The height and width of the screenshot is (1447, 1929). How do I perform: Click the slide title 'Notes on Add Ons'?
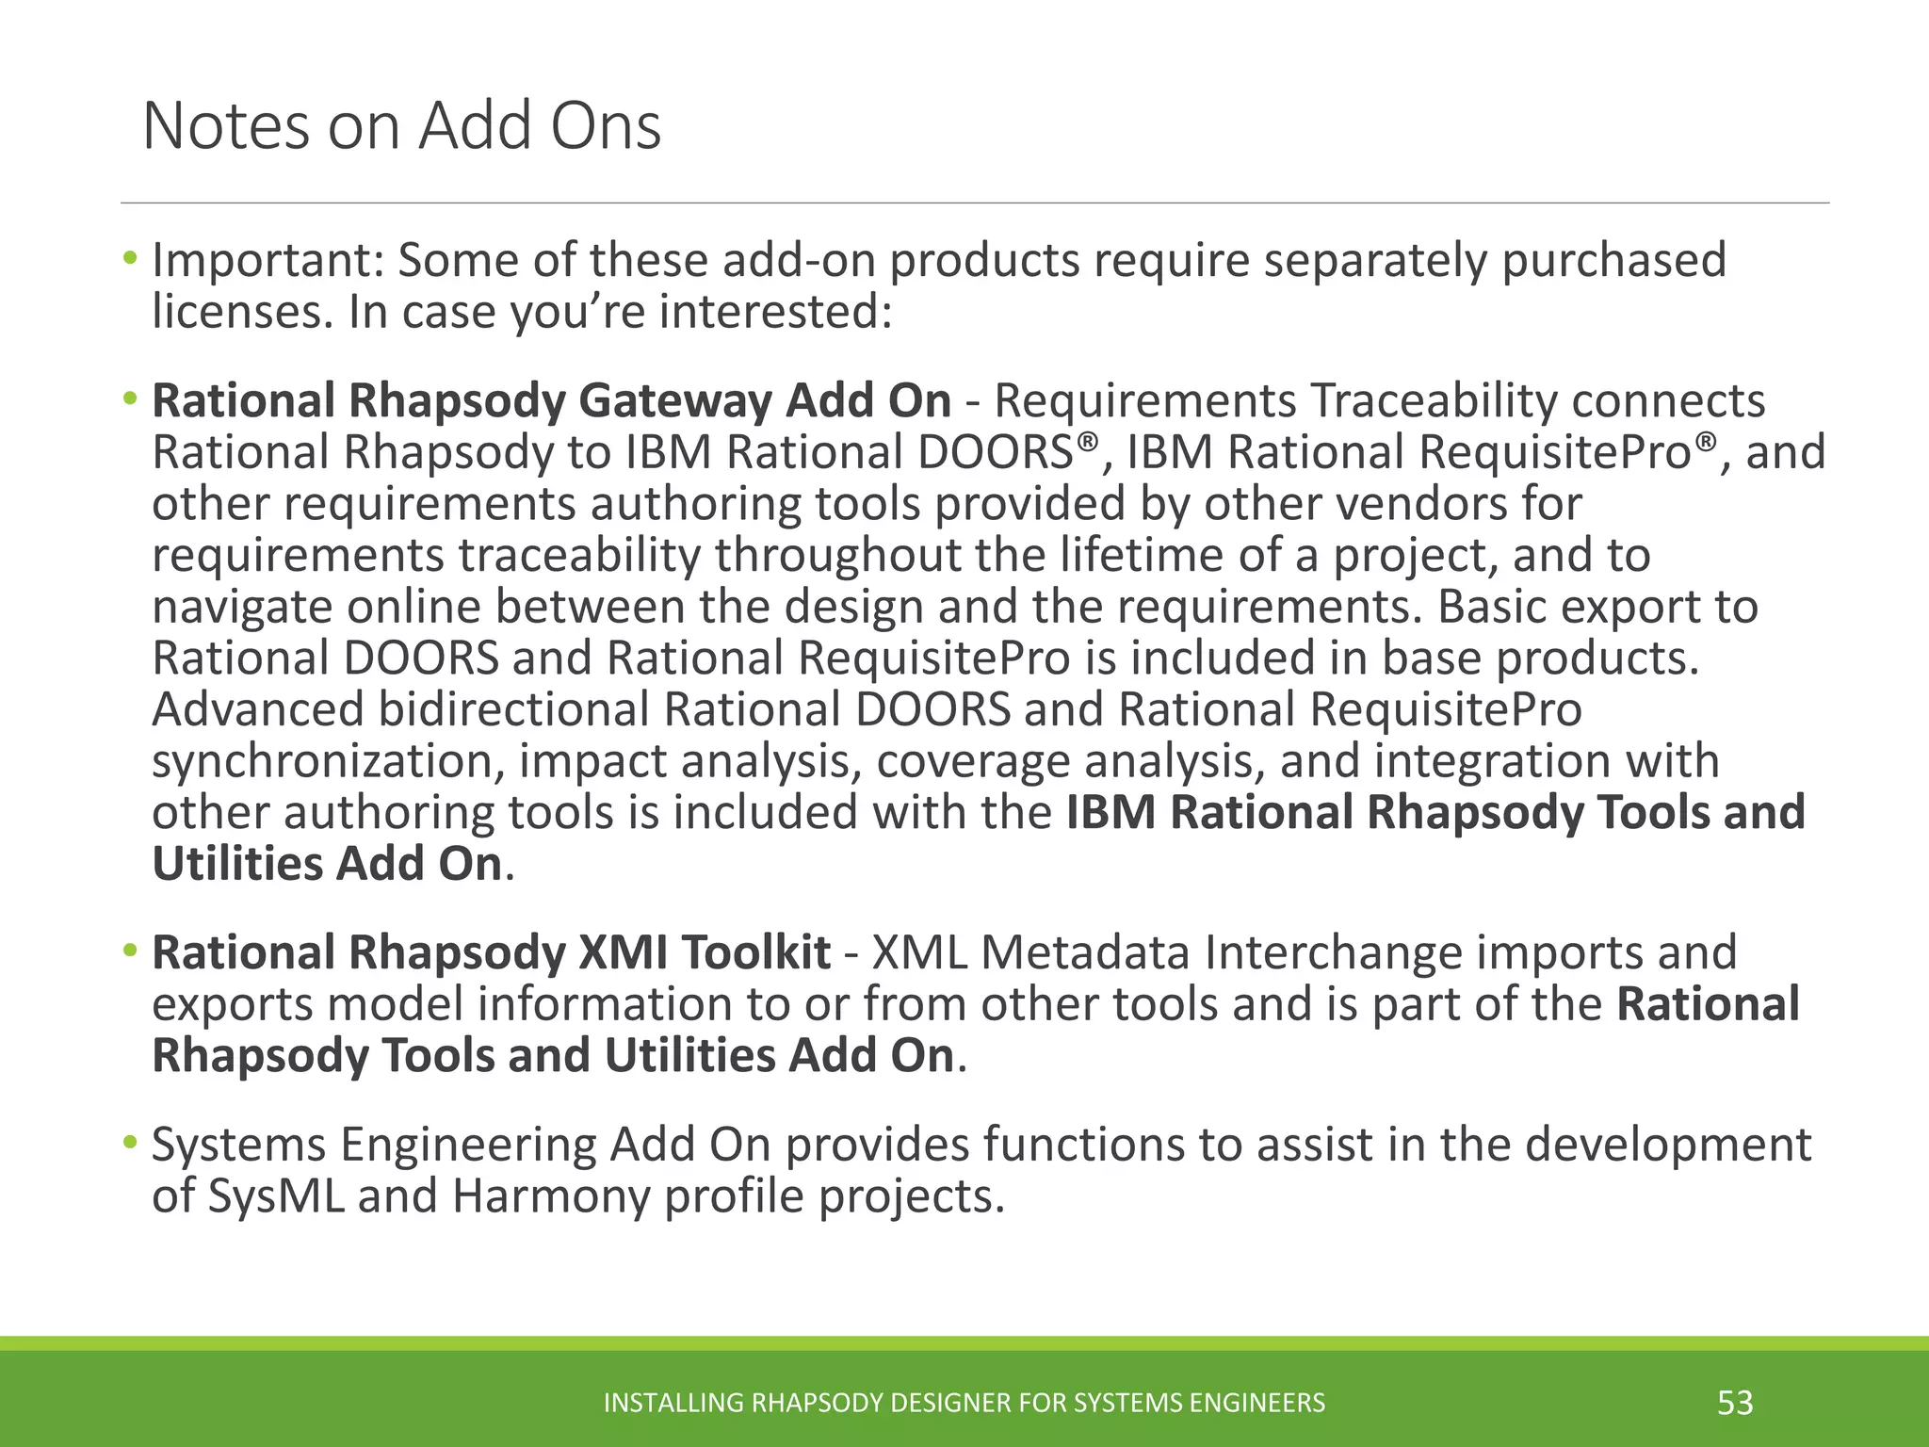401,125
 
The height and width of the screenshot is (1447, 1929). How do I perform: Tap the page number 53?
1735,1402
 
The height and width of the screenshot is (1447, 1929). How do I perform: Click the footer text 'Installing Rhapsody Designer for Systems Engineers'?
964,1403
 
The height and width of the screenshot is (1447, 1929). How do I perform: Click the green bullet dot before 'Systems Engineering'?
129,1144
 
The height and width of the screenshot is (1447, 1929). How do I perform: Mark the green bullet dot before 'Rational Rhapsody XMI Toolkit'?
129,951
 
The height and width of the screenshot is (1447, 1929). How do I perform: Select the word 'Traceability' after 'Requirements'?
1435,400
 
